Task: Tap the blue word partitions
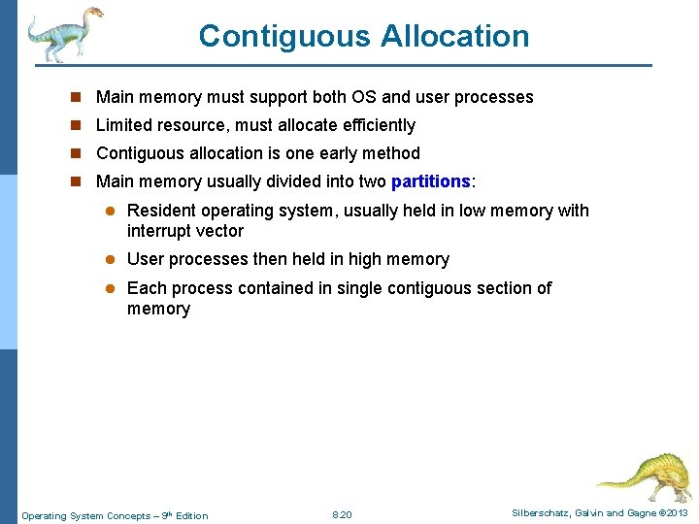click(x=430, y=181)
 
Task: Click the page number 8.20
click(x=342, y=514)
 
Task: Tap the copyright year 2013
click(x=677, y=513)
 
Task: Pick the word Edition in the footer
click(x=189, y=515)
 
